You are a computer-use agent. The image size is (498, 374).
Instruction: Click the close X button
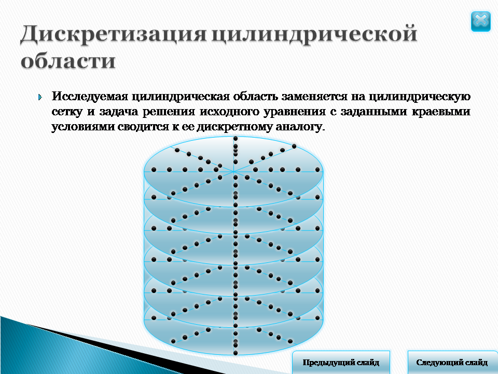pos(480,21)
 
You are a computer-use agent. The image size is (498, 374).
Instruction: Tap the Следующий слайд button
pos(452,363)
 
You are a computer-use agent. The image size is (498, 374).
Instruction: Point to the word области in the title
pos(68,60)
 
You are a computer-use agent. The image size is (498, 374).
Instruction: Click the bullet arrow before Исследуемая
pos(40,97)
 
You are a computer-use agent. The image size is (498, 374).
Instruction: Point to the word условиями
pos(82,127)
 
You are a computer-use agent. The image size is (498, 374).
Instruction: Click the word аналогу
pos(300,127)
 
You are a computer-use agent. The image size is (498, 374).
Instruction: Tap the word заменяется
pos(315,97)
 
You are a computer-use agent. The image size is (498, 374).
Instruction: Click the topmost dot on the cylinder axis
pos(236,138)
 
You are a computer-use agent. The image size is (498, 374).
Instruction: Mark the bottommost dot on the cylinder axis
pos(236,353)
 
